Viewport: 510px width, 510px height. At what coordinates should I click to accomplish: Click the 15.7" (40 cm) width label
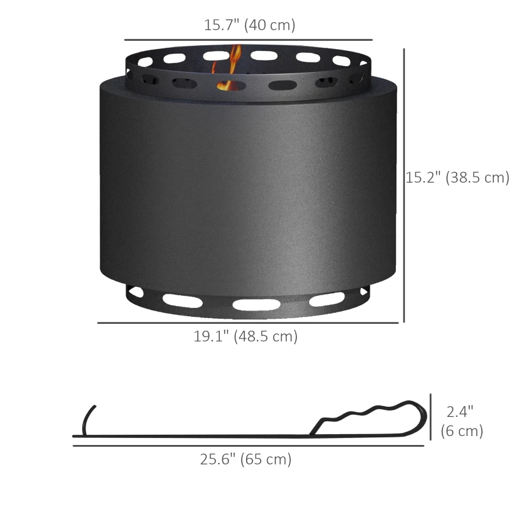249,25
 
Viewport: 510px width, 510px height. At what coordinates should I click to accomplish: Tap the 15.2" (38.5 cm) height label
457,177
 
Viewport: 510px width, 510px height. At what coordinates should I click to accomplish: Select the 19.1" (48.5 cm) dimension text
245,336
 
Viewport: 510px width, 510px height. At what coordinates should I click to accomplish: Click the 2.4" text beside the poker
460,412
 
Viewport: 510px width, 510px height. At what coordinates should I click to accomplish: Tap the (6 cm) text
462,431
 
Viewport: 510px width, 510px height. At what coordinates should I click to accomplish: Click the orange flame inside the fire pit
229,70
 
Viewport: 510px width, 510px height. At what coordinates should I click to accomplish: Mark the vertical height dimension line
405,185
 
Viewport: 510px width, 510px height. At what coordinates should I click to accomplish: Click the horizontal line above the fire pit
248,40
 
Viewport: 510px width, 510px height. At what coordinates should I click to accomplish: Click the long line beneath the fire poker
249,446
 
